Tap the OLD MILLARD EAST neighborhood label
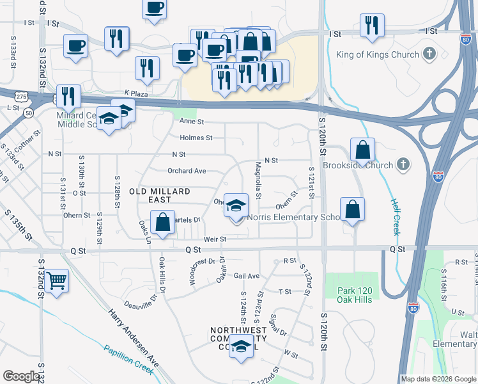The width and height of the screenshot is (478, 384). pyautogui.click(x=160, y=196)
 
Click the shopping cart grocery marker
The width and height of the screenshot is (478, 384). pyautogui.click(x=57, y=280)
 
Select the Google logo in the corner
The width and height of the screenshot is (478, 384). pyautogui.click(x=21, y=376)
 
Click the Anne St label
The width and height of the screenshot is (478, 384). pyautogui.click(x=191, y=121)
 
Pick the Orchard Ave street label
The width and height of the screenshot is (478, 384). pyautogui.click(x=187, y=171)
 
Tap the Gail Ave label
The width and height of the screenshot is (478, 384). pyautogui.click(x=246, y=276)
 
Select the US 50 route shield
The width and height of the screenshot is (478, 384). pyautogui.click(x=29, y=113)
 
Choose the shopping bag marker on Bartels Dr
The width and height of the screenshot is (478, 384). pyautogui.click(x=163, y=223)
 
